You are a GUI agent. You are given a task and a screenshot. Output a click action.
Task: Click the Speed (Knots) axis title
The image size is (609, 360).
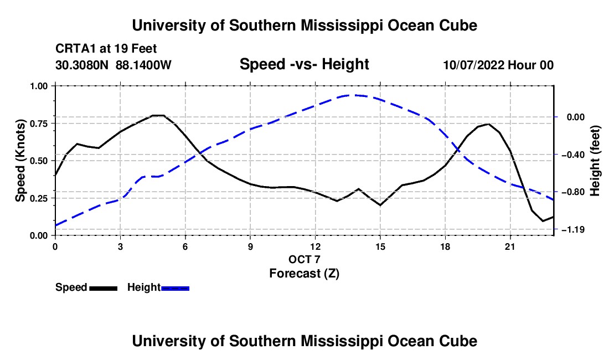coord(20,161)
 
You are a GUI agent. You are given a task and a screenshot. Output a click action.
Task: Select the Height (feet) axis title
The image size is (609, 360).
coord(595,161)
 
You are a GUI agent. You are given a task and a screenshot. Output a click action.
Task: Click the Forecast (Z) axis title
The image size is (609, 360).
coord(304,274)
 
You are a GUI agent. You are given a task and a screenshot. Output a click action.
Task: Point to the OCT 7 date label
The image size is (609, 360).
coord(304,259)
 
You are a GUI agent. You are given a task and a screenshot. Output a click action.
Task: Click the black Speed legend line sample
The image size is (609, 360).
coord(104,289)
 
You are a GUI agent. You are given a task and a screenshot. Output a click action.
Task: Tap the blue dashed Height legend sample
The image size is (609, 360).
coord(175,289)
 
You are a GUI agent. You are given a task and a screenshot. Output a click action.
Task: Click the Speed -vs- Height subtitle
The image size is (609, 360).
coord(304,64)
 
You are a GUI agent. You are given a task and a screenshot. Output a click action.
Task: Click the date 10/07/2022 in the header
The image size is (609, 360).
coord(474,65)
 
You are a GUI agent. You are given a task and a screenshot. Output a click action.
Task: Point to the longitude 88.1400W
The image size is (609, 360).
coord(143,65)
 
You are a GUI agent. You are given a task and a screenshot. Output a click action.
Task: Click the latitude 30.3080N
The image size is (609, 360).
coord(82,65)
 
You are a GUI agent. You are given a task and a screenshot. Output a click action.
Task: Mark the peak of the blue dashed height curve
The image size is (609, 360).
coord(353,95)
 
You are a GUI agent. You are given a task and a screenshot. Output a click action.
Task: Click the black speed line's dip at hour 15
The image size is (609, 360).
coord(380,205)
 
